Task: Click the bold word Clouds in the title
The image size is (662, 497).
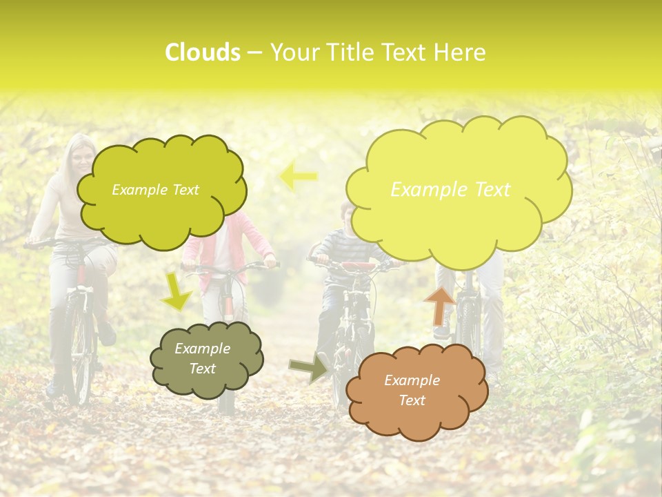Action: point(203,52)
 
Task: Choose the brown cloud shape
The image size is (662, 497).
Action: point(416,391)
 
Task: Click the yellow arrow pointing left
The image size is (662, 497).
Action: point(298,176)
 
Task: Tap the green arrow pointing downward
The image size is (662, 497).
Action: point(177,291)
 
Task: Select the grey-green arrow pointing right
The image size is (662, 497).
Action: point(308,369)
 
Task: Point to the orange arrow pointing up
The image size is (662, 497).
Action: point(439,305)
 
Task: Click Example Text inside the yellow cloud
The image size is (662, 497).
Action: point(450,190)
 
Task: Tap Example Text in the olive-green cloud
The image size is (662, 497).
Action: point(155,190)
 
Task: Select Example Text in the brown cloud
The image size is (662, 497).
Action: point(412,390)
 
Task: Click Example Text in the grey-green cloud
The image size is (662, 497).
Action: point(202,359)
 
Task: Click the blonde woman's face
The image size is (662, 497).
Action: point(81,161)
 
